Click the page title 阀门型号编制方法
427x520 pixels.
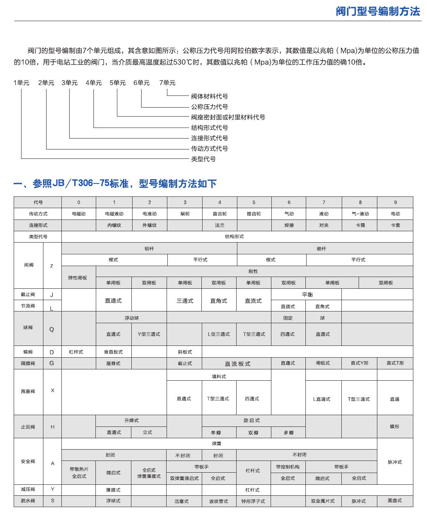[x=377, y=11]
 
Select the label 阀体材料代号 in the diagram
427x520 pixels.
[x=209, y=96]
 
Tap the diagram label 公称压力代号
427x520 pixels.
[x=209, y=107]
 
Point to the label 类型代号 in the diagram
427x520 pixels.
[x=203, y=159]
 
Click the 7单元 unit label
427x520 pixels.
[x=167, y=83]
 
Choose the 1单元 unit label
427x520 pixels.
[x=21, y=83]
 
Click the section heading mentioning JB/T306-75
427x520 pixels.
[x=115, y=184]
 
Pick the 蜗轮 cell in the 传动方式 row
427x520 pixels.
[x=185, y=214]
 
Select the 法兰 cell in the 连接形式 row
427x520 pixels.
[x=219, y=225]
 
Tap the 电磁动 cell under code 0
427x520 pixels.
[x=79, y=214]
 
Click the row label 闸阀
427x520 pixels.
[x=29, y=265]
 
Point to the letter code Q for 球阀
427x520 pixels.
[x=52, y=329]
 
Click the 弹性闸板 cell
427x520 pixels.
[x=77, y=278]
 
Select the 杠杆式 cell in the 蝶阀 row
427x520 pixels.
[x=76, y=352]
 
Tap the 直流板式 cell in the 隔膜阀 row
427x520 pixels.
[x=237, y=364]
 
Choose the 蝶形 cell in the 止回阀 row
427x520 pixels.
[x=395, y=426]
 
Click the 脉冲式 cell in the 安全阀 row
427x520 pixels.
[x=395, y=462]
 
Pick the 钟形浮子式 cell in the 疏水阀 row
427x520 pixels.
[x=253, y=501]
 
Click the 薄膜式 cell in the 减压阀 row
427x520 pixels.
[x=113, y=490]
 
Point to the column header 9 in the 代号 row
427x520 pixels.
[x=395, y=202]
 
